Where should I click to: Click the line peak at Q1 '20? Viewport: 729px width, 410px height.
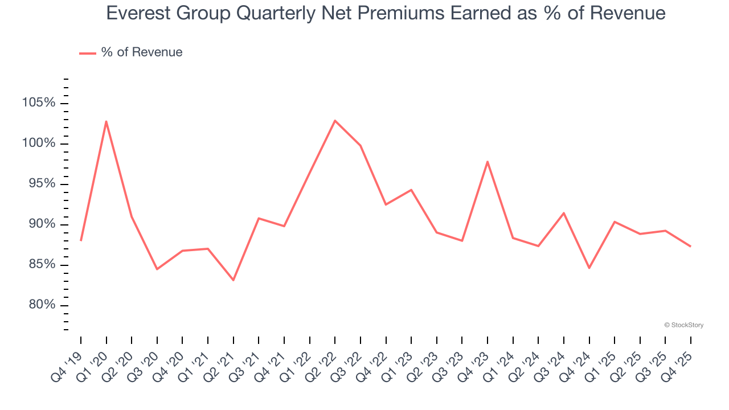pos(106,121)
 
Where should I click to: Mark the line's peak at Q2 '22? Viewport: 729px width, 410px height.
pos(335,120)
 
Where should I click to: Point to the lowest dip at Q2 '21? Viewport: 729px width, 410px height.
pos(233,280)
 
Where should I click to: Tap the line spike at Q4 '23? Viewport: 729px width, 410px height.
pos(488,162)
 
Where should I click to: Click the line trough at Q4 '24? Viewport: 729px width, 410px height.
pos(589,268)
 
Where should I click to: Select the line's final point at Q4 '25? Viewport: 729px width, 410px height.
pos(691,247)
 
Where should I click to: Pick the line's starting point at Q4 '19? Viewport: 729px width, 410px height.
pos(81,240)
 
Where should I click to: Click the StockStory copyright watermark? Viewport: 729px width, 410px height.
pos(683,325)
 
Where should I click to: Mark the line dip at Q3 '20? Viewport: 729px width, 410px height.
pos(157,269)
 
